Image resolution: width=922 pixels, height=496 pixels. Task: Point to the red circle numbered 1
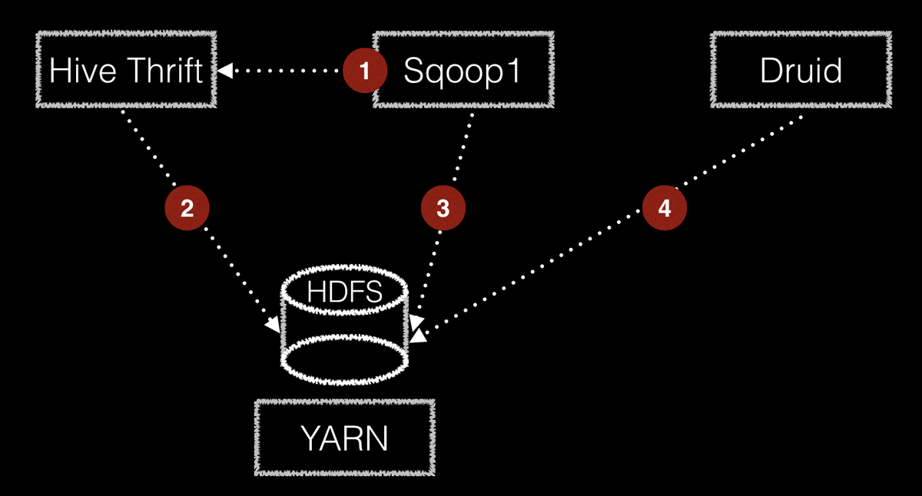click(365, 71)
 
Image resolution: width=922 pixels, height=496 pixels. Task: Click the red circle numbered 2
click(187, 208)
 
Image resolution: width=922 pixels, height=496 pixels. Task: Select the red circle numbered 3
click(443, 208)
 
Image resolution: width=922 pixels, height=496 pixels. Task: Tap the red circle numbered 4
click(665, 208)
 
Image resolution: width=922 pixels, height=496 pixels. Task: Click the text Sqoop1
click(463, 72)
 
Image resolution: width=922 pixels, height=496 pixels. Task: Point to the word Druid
click(801, 71)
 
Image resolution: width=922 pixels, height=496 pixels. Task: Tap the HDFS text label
click(345, 292)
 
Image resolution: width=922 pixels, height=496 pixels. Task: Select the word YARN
click(345, 438)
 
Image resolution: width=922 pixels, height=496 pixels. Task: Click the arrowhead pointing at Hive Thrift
click(224, 71)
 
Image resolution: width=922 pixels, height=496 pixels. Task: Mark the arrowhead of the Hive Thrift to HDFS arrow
click(274, 325)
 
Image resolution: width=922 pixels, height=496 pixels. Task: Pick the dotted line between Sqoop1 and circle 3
click(463, 148)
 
